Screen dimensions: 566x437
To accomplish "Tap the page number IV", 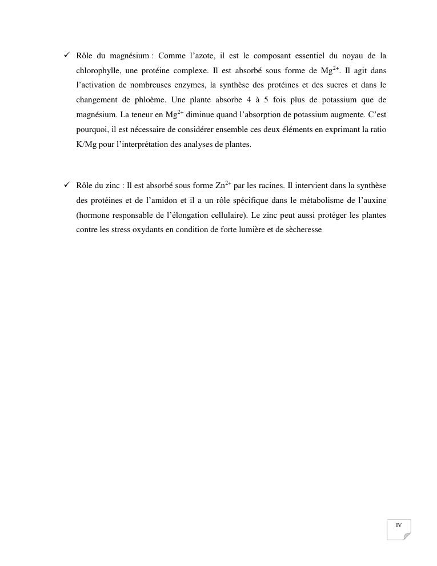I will point(399,525).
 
